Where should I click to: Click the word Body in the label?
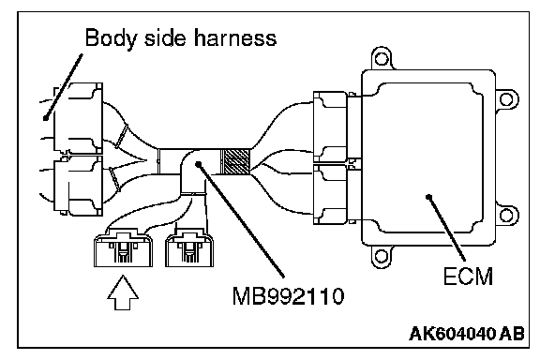pos(111,38)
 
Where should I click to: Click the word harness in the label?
pos(235,37)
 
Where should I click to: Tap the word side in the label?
pos(165,37)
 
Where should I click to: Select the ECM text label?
pos(468,277)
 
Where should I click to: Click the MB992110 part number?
pos(288,296)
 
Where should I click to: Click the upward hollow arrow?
pos(123,292)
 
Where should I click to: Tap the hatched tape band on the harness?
pos(236,161)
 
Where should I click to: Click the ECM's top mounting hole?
pos(382,58)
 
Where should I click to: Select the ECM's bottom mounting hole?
pos(382,256)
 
